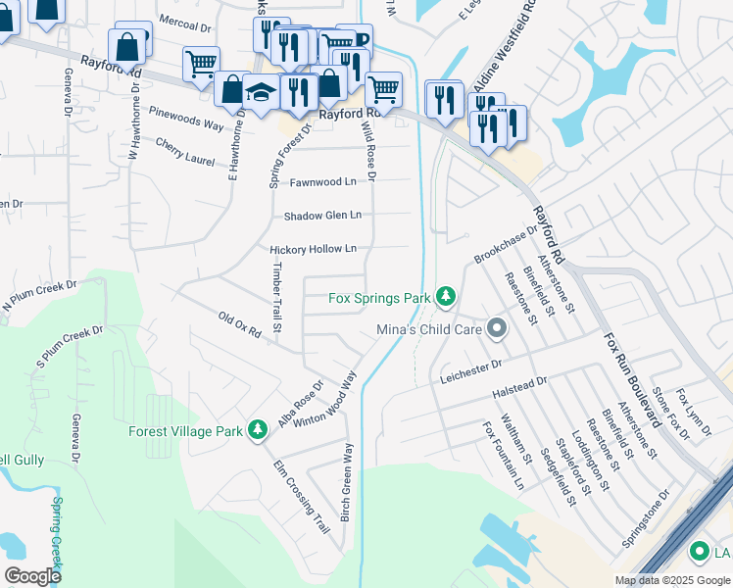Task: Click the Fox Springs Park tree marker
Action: (x=446, y=296)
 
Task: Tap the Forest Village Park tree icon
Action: (x=258, y=430)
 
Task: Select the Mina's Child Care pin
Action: (x=496, y=329)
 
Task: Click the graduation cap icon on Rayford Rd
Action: (x=262, y=94)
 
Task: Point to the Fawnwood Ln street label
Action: (x=320, y=182)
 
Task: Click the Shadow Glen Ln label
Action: (x=322, y=216)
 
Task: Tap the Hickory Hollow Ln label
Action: (x=313, y=250)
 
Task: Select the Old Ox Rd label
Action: (x=239, y=326)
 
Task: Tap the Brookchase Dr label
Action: (x=506, y=246)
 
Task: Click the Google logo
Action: (x=32, y=575)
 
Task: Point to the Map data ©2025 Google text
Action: (x=671, y=580)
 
